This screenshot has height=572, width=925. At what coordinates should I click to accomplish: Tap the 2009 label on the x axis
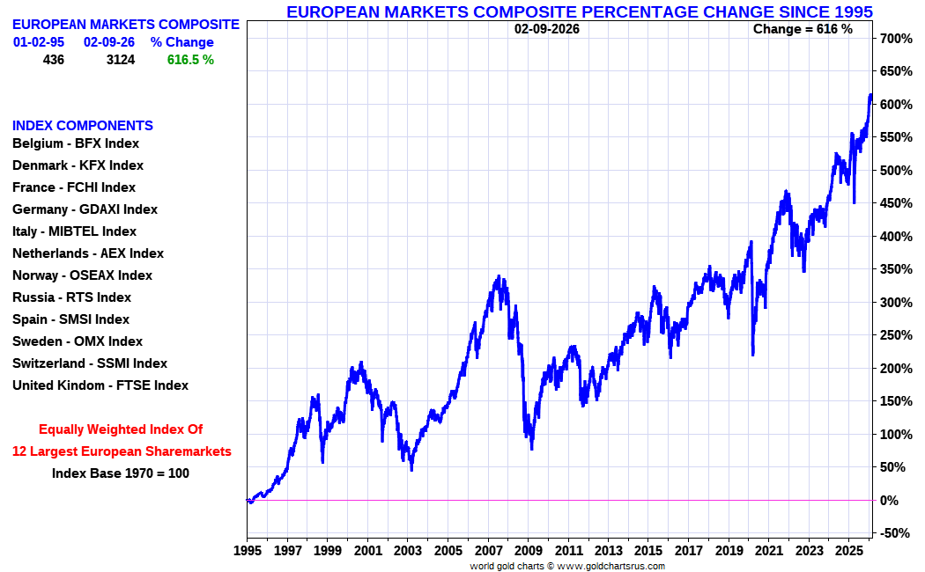point(528,551)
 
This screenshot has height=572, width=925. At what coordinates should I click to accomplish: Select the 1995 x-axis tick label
point(247,551)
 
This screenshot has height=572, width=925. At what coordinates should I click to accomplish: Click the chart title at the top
point(580,11)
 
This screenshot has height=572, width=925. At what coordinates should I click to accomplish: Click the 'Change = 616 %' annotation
point(803,29)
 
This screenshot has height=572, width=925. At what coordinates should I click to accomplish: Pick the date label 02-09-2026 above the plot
point(547,29)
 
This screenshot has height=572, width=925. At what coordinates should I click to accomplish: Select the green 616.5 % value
point(190,60)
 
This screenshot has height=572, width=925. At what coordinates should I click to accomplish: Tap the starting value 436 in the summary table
point(53,60)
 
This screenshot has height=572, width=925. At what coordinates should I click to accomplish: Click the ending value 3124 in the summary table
point(121,60)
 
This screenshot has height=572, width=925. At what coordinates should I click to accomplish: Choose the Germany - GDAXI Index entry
point(85,209)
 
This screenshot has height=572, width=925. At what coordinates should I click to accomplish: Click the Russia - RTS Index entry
point(71,297)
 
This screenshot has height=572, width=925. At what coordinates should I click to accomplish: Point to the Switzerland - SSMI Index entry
point(89,363)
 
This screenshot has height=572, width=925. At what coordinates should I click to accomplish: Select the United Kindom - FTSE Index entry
point(100,385)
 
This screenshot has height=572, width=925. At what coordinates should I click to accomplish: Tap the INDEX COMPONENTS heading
point(83,126)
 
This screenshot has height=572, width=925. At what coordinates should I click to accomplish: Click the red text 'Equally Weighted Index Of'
point(121,429)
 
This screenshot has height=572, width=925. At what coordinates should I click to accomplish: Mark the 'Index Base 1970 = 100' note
point(121,473)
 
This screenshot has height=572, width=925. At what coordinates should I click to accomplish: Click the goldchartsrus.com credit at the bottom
point(567,566)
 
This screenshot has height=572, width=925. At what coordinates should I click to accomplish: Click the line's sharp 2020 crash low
point(752,355)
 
